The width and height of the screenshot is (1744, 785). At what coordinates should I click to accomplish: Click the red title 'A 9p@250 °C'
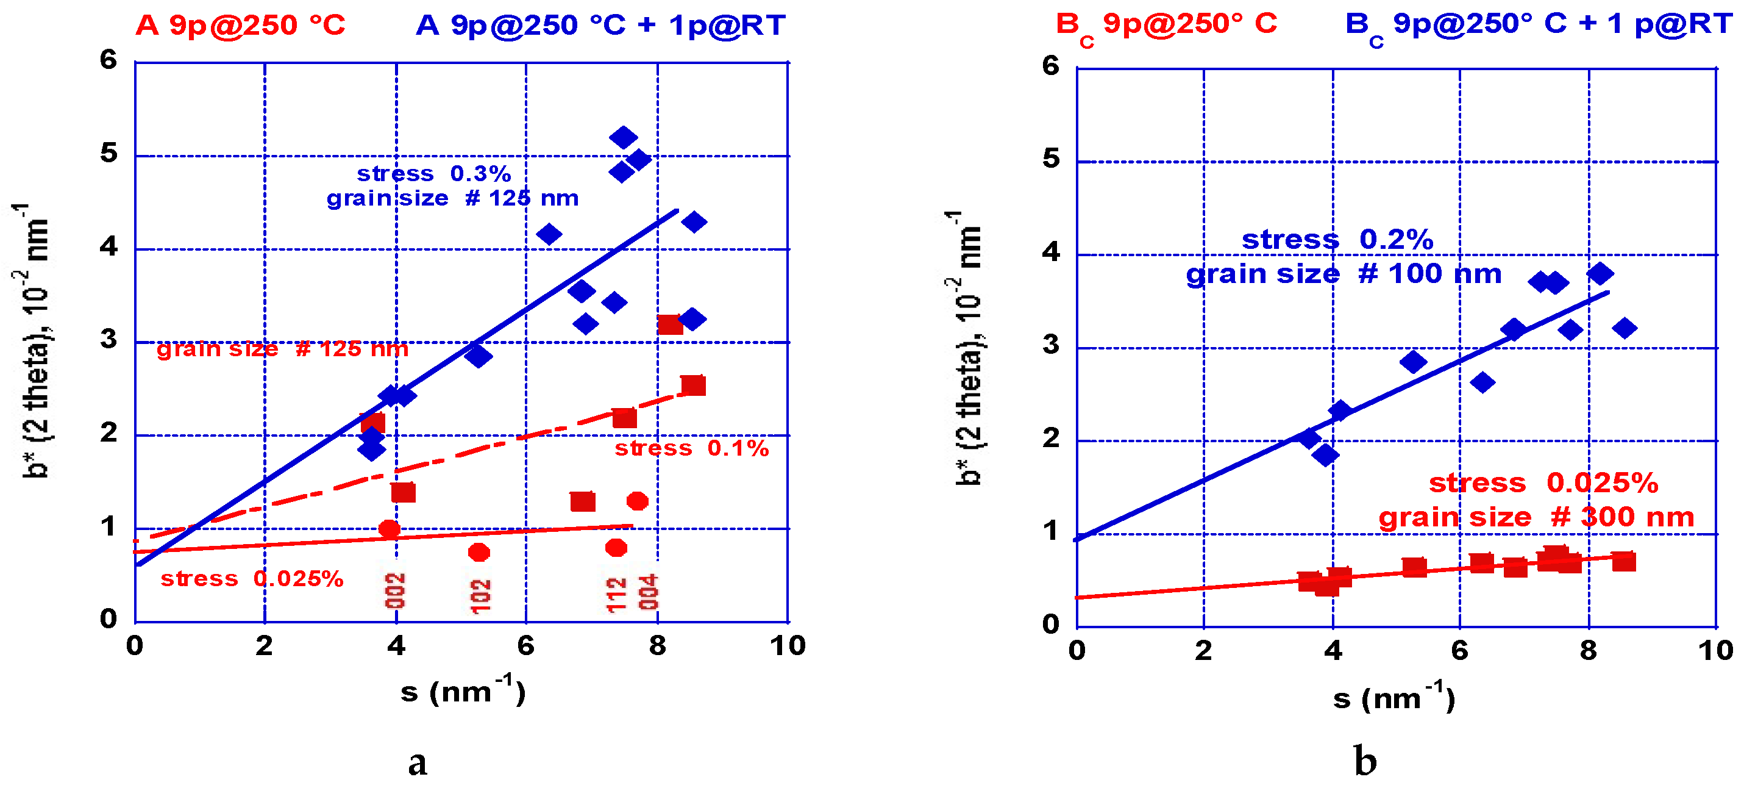click(x=240, y=26)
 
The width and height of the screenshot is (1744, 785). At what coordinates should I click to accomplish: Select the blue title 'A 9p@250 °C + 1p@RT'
click(x=600, y=26)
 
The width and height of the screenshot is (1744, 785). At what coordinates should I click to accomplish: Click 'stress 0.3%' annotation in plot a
click(x=433, y=173)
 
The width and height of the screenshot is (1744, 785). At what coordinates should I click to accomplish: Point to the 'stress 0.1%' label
click(x=691, y=448)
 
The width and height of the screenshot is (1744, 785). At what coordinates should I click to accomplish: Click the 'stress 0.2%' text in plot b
click(x=1337, y=239)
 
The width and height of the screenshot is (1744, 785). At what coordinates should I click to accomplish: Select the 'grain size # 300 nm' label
click(x=1536, y=517)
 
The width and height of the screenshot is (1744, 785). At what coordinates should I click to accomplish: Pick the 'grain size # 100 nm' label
click(x=1344, y=274)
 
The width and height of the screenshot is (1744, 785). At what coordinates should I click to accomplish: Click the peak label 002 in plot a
click(x=396, y=591)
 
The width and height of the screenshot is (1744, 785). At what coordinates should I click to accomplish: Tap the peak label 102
click(x=480, y=596)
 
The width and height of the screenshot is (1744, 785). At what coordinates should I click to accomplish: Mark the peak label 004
click(x=648, y=592)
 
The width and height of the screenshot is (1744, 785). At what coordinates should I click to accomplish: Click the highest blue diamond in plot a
click(x=623, y=137)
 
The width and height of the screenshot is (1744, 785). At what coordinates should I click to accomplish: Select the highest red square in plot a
click(x=669, y=324)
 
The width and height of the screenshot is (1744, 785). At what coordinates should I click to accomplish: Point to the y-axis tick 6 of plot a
click(x=109, y=60)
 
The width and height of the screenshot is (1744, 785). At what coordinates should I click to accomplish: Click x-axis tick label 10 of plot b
click(x=1715, y=650)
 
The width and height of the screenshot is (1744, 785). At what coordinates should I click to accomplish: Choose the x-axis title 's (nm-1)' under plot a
click(x=463, y=690)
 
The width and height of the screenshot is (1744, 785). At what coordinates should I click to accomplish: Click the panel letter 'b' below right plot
click(x=1365, y=761)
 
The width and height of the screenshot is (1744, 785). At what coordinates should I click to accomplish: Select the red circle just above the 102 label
click(x=479, y=553)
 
